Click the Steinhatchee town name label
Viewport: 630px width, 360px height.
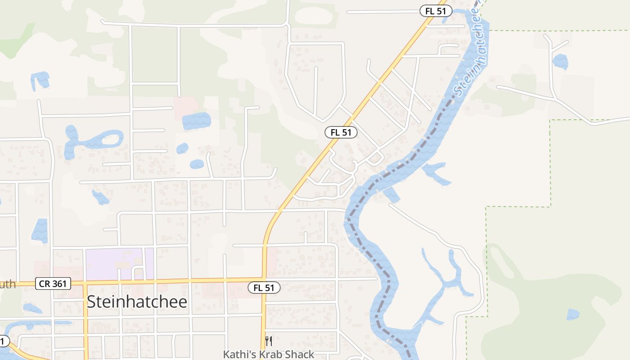[x=137, y=302]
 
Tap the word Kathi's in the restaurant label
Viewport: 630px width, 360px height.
[x=239, y=355]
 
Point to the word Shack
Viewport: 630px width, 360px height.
[x=300, y=355]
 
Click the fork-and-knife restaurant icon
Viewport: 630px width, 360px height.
[x=269, y=341]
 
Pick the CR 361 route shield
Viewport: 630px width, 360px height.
[x=54, y=283]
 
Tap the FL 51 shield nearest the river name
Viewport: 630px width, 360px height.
[x=436, y=11]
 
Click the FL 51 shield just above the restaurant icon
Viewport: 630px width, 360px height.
[x=264, y=288]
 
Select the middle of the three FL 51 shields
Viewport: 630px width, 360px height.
[x=341, y=132]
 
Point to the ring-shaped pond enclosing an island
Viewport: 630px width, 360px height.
[x=106, y=139]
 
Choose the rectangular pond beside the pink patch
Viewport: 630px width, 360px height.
[x=196, y=121]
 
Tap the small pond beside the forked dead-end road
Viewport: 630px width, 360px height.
[x=560, y=62]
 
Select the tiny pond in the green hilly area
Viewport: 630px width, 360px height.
[x=573, y=314]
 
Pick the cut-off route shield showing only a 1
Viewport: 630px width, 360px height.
[x=4, y=341]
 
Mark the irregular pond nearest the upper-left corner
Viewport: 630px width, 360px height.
[x=40, y=80]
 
